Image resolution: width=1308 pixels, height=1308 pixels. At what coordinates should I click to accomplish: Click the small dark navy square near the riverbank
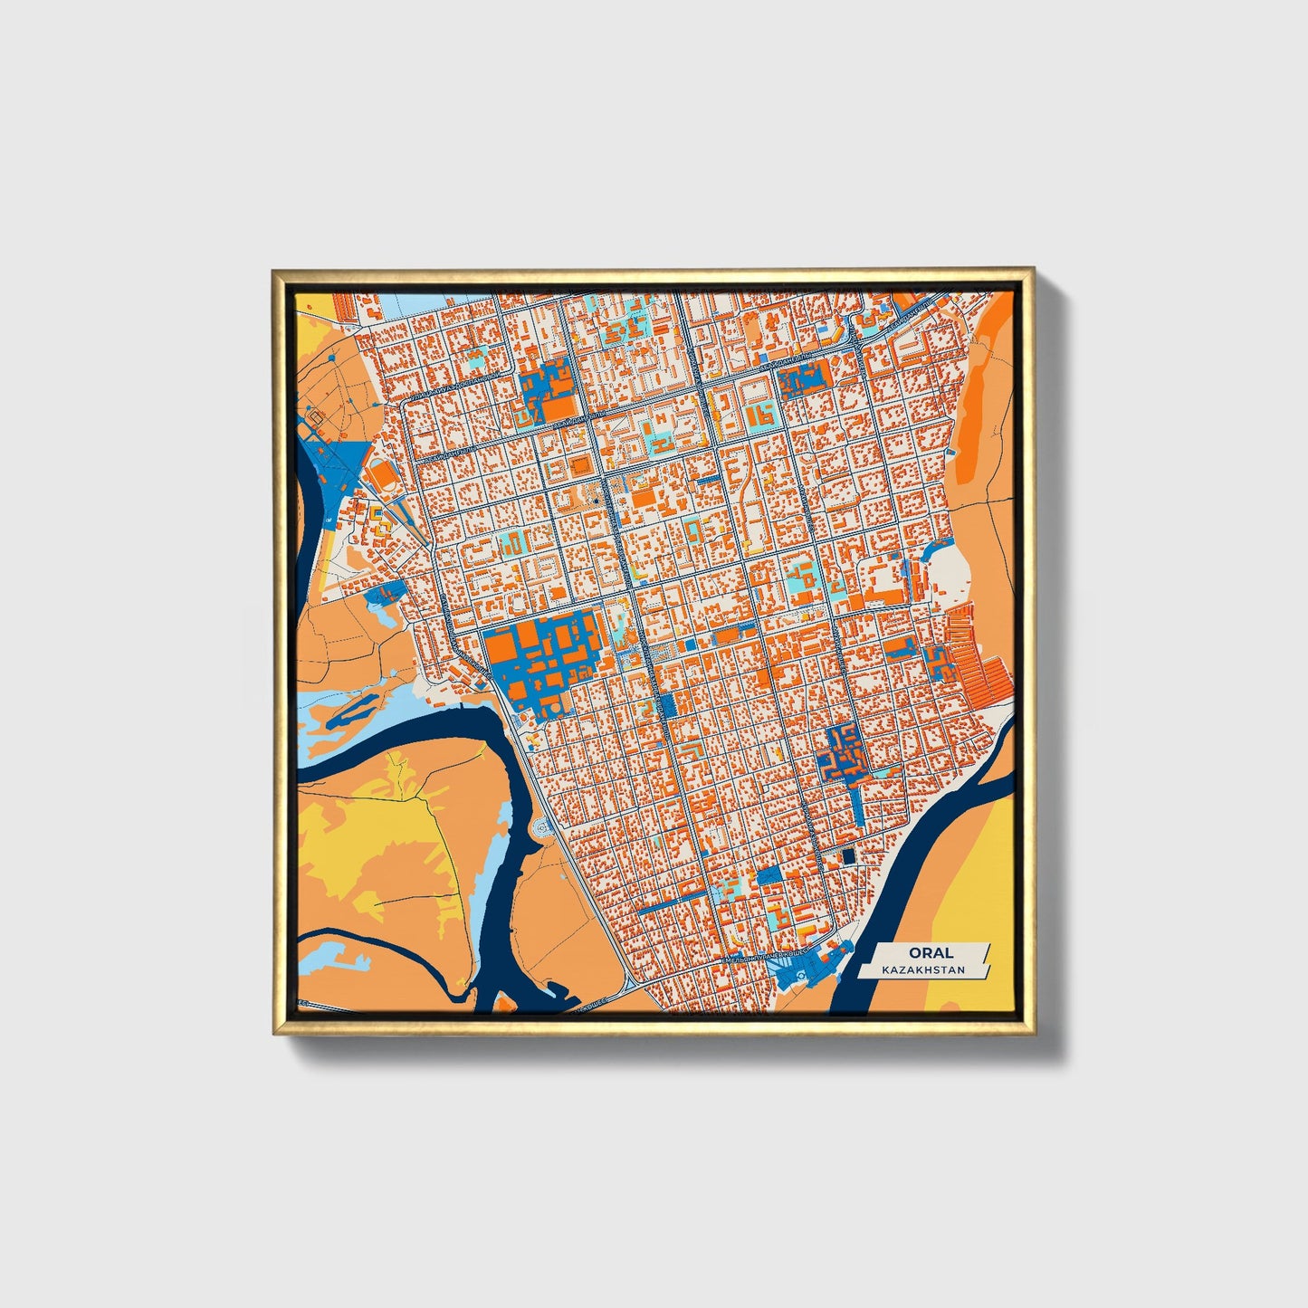847,855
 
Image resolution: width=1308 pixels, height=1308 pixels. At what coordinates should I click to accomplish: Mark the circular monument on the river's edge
542,826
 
